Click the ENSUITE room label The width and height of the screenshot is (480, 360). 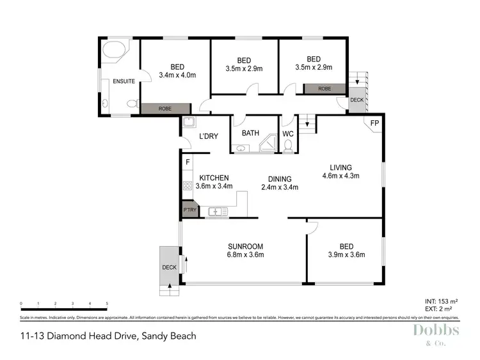click(124, 81)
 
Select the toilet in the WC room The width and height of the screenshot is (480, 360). click(288, 147)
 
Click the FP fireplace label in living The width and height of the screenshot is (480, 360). click(374, 123)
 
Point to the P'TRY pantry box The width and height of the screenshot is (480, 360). click(189, 210)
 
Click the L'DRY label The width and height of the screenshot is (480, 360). click(209, 136)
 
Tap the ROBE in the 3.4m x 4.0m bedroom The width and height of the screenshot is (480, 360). click(165, 109)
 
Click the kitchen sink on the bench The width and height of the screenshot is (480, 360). click(218, 210)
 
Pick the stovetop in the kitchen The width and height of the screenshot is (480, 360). click(188, 186)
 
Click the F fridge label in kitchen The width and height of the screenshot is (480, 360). click(187, 163)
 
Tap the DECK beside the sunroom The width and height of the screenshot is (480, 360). click(169, 267)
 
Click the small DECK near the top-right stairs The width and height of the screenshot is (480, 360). click(356, 100)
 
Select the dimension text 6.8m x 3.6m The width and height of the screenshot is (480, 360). click(246, 254)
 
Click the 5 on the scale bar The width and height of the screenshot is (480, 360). click(107, 304)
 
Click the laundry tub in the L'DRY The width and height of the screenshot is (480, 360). click(189, 123)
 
